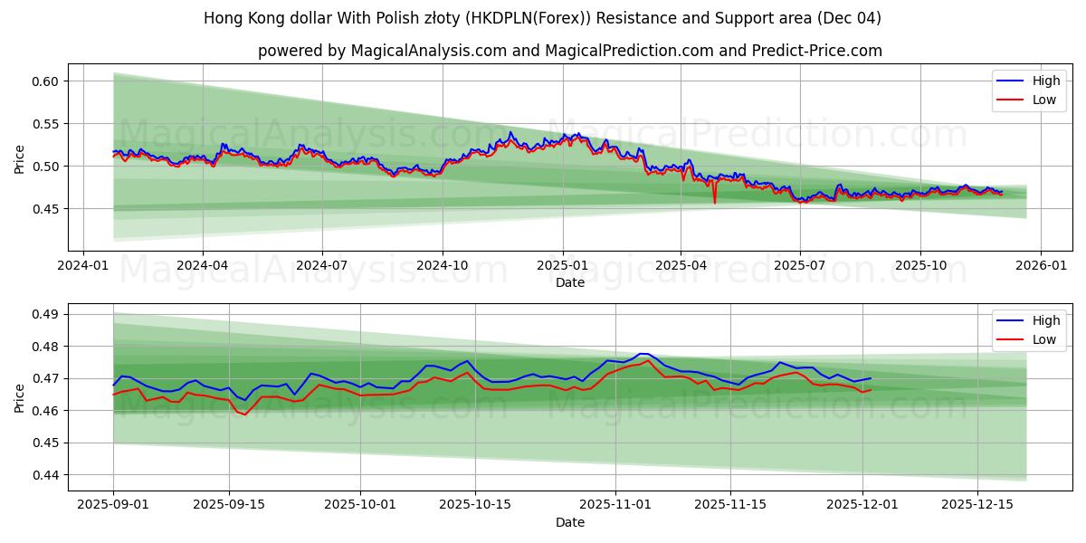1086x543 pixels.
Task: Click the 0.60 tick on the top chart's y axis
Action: coord(45,81)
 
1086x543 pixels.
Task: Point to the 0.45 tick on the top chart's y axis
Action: coord(45,209)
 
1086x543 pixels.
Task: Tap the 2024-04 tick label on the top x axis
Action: coord(202,266)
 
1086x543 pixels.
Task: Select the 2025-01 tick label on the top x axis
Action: coord(563,266)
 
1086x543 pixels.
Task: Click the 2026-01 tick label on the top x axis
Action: coord(1040,266)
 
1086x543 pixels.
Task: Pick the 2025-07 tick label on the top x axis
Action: coord(800,266)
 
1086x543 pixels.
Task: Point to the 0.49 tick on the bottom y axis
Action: coord(45,314)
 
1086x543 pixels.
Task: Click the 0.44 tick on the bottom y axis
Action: coord(45,475)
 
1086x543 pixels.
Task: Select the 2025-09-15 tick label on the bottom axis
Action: coord(229,505)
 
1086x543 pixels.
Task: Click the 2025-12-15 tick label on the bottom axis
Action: coord(976,505)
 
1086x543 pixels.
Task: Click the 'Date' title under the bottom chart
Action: coord(570,522)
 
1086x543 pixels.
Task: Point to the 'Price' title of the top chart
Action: coord(20,159)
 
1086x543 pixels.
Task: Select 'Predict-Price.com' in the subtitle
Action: coord(817,51)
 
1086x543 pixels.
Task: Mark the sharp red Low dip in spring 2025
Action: coord(714,202)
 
